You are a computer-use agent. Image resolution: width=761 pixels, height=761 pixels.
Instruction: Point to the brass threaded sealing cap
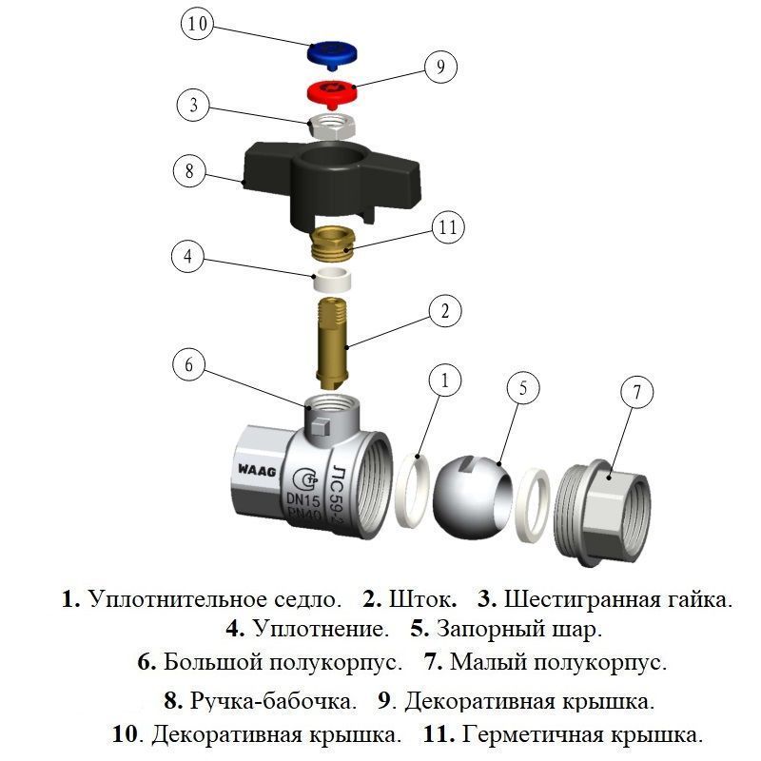coord(332,244)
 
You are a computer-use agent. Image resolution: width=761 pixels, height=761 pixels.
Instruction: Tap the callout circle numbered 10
coord(197,25)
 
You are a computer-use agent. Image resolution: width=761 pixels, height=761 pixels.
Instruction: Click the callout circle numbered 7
coord(637,392)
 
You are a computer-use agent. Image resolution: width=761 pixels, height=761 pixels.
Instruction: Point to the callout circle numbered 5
coord(522,388)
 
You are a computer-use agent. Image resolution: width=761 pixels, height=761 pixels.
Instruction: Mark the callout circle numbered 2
coord(443,311)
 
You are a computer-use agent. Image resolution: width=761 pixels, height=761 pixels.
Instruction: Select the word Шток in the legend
coord(422,600)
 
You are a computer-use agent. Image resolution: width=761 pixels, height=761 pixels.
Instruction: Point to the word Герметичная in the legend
coord(532,735)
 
